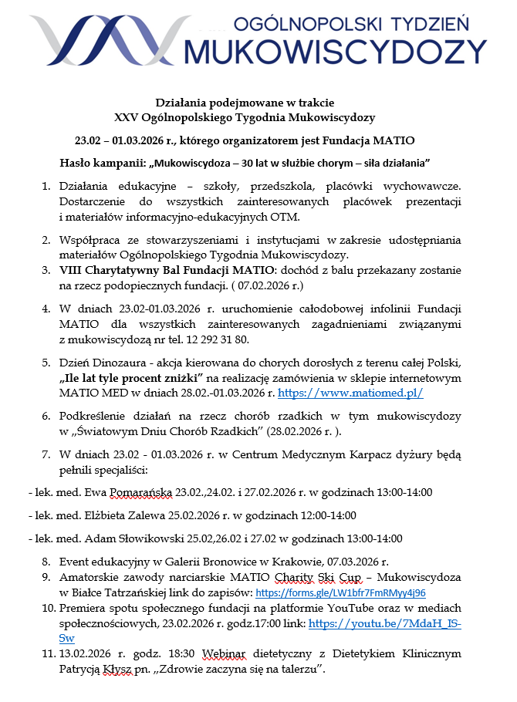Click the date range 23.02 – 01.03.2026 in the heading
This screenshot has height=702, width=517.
tap(126, 140)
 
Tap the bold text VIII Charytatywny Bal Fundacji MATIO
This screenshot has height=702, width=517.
tap(166, 271)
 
